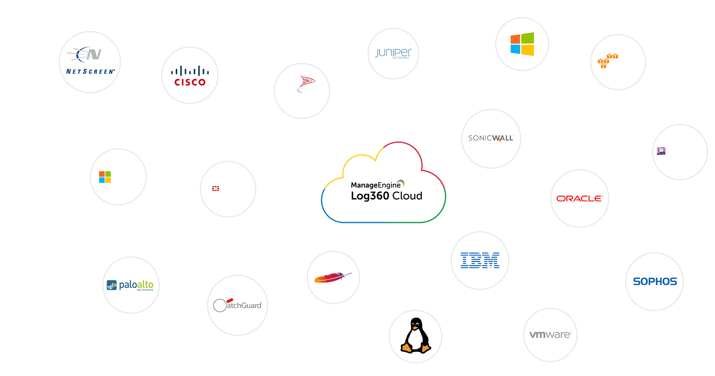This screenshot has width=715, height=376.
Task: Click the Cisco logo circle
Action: (190, 76)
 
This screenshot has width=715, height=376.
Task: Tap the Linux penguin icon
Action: (416, 336)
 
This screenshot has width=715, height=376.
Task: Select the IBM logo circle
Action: (480, 261)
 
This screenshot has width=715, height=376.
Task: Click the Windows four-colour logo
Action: (522, 44)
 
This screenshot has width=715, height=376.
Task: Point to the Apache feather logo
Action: (333, 277)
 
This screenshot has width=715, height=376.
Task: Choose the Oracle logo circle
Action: (580, 198)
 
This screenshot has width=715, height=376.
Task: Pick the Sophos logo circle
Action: (654, 282)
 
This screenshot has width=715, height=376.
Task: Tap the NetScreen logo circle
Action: (90, 62)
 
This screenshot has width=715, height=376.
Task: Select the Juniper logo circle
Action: (393, 53)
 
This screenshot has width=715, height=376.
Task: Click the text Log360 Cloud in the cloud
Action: (386, 196)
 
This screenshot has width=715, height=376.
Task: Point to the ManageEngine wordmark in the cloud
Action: (376, 185)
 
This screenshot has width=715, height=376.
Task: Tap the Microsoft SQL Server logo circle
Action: (302, 91)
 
